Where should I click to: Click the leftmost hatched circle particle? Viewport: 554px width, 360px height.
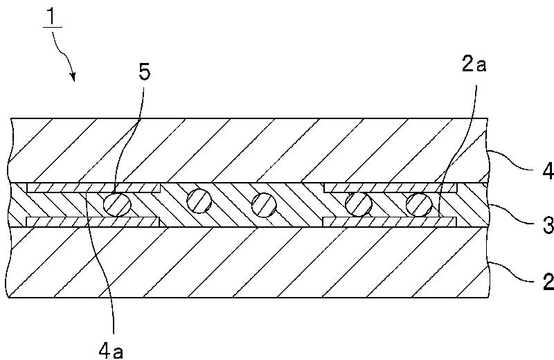pos(116,204)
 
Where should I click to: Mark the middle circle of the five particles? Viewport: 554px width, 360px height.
pos(264,204)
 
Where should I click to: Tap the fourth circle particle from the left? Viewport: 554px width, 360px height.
pos(358,204)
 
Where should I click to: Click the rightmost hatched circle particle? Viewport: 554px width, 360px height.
pos(418,204)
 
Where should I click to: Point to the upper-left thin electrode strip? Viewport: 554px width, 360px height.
pos(93,188)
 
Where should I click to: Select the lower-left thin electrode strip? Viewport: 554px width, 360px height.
pos(93,222)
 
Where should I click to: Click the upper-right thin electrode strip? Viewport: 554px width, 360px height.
pos(391,188)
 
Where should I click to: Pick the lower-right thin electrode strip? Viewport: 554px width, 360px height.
pos(391,222)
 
